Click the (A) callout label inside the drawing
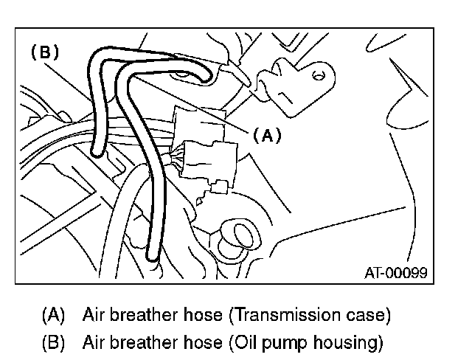point(268,135)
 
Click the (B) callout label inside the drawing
point(44,52)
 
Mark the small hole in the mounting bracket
point(318,75)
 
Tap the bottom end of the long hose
point(152,257)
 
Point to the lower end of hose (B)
point(97,153)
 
